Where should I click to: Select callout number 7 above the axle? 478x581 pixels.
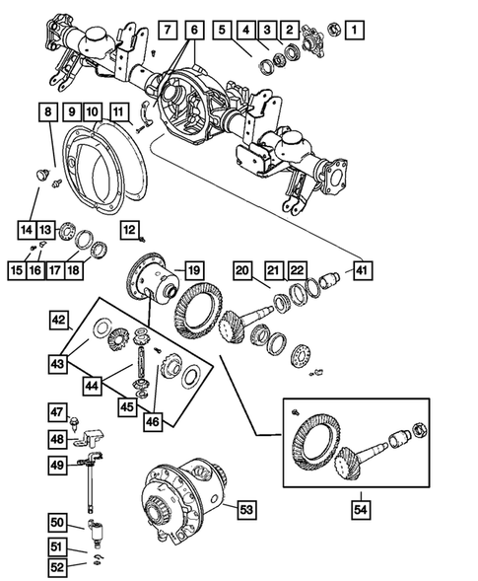(168, 29)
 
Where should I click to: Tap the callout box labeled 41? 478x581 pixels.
(364, 270)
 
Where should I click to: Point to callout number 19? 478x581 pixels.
(193, 269)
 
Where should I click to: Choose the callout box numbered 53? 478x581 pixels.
(245, 509)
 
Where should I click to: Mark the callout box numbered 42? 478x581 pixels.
(61, 320)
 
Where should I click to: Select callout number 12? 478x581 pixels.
(128, 230)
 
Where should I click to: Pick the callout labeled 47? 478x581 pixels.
(58, 411)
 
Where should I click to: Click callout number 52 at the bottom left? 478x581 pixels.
(58, 566)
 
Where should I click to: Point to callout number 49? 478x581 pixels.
(58, 465)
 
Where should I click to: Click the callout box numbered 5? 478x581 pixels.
(224, 29)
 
